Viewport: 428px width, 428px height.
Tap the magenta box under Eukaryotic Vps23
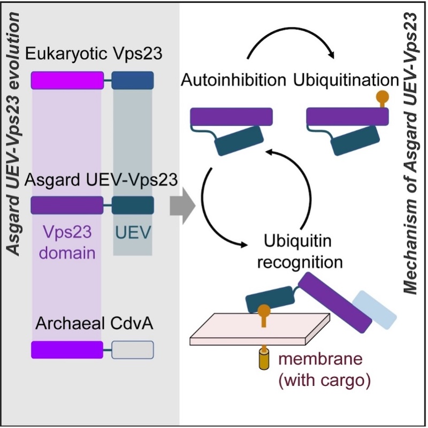[67, 80]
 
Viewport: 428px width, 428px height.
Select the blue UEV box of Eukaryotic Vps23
[133, 80]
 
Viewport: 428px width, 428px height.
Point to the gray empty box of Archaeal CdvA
[133, 349]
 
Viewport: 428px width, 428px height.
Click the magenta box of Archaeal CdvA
[67, 349]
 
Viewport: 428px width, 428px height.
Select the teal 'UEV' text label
[133, 233]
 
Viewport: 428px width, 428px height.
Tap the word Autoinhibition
[233, 80]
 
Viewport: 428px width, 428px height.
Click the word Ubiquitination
[346, 80]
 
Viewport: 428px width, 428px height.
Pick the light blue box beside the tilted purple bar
[375, 309]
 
